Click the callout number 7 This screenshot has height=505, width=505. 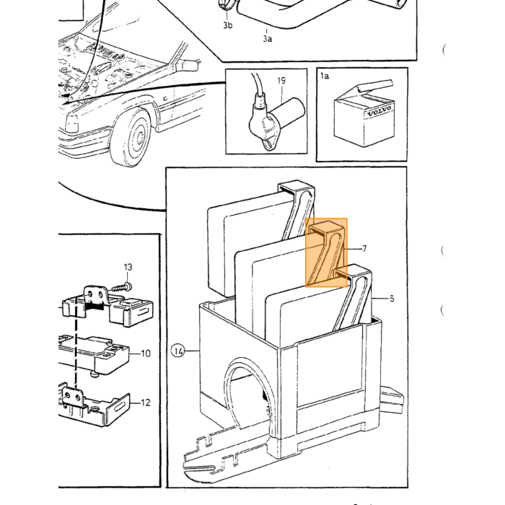click(x=364, y=249)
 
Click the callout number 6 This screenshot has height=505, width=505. click(x=392, y=299)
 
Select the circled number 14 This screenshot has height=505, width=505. click(x=178, y=351)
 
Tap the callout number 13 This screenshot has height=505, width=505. click(x=128, y=267)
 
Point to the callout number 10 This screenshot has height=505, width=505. click(x=146, y=353)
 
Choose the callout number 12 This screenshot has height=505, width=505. click(x=146, y=403)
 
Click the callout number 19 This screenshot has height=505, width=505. click(x=281, y=80)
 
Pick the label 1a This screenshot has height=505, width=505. click(x=325, y=76)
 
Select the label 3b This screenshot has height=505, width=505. click(x=228, y=25)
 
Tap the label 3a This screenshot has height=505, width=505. click(x=267, y=39)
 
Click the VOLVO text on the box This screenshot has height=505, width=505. click(x=379, y=111)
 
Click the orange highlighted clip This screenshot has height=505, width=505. click(x=326, y=252)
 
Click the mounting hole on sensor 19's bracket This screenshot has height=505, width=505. click(x=268, y=144)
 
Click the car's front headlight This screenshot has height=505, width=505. click(x=71, y=123)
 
